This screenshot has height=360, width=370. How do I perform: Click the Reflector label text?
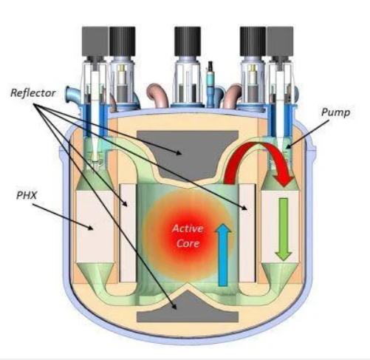32,93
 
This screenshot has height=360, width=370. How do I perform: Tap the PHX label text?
27,195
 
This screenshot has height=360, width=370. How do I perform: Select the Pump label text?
335,112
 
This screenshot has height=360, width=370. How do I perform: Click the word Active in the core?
188,228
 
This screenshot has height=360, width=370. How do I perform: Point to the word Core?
188,243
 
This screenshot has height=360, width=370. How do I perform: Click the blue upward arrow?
223,255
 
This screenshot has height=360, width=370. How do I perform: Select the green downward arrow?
284,229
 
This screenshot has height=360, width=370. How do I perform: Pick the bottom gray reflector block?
188,309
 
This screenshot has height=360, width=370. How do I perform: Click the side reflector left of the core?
128,233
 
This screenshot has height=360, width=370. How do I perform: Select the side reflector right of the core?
247,233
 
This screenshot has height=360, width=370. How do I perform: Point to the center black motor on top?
188,41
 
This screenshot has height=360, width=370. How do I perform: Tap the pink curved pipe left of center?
158,95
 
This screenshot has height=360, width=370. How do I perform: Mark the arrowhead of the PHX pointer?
91,228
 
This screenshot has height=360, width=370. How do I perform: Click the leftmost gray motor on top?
95,41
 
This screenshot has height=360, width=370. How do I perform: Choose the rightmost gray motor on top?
280,41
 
